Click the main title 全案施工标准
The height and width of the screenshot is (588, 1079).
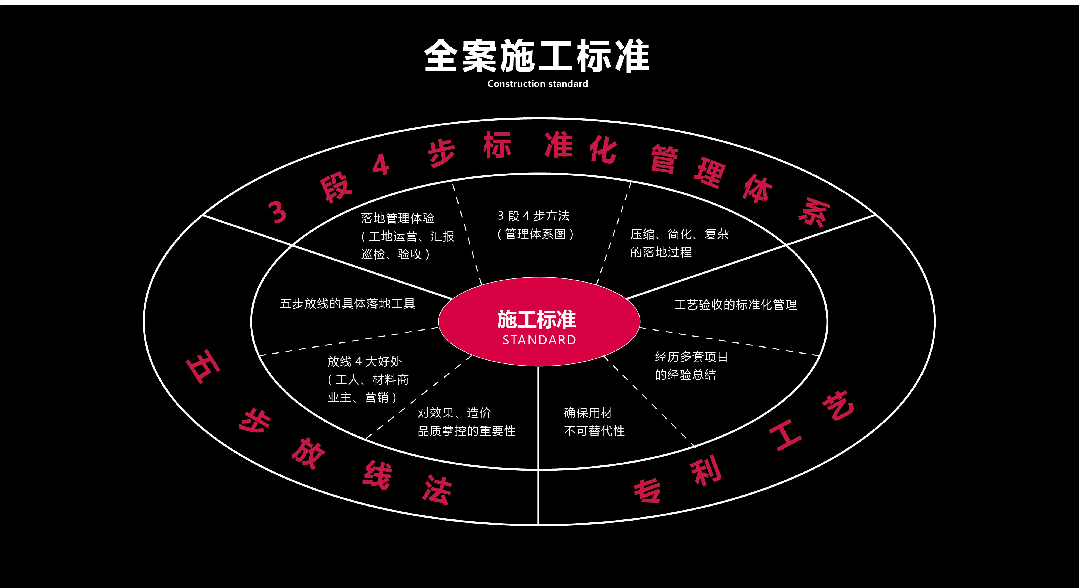coord(537,56)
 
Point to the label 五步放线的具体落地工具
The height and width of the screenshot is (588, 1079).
coord(347,303)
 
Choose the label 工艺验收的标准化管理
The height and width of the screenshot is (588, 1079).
coord(736,305)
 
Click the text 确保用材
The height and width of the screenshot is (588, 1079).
coord(588,413)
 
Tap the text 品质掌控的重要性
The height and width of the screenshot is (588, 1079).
coord(467,431)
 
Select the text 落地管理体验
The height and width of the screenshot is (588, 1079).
coord(398,218)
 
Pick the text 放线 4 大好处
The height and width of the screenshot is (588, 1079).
coord(364,361)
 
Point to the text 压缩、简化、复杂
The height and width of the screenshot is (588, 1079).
coord(680,234)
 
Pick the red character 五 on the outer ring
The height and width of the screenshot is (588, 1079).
coord(203,366)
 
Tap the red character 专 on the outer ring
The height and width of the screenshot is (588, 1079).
coord(647,491)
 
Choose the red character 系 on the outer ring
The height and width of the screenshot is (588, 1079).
coord(814,212)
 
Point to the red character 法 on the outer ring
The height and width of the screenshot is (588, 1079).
coord(437,490)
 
